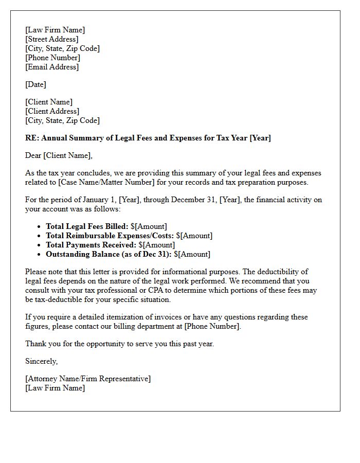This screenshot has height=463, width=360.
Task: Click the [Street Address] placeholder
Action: point(52,39)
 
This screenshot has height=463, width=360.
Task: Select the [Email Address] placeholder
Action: point(52,67)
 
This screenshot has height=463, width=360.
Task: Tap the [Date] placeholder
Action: point(35,84)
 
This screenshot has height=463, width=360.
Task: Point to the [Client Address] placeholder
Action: point(52,111)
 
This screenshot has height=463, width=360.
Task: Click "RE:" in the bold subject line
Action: point(32,138)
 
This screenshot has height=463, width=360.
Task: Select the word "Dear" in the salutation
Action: point(33,155)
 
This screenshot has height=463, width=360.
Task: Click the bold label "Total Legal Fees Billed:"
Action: point(87,226)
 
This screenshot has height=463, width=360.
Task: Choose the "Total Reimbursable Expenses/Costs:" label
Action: point(110,236)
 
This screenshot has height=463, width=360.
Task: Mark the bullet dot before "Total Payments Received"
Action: point(40,245)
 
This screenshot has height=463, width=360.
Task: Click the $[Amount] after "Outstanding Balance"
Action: point(192,254)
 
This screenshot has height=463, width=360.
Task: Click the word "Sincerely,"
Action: point(42,361)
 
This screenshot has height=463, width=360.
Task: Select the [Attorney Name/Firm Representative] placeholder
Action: point(88,379)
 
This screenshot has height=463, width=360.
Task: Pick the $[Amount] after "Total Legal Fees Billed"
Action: point(149,226)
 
